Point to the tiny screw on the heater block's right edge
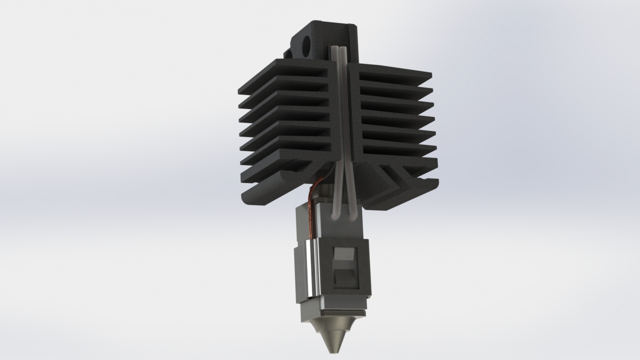(369, 298)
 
